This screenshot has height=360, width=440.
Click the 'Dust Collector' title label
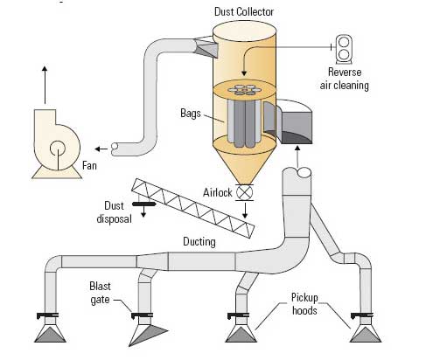point(244,11)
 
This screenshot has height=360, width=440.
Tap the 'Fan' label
point(89,165)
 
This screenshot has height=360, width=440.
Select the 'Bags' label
point(191,114)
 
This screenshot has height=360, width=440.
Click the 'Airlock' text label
point(218,192)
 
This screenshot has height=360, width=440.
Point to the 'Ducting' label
point(199,242)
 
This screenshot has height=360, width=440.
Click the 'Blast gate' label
point(100,293)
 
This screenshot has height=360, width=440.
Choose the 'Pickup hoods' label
point(304,304)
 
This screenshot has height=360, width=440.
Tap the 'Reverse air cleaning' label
point(345,79)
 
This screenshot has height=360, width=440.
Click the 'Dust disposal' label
point(114,212)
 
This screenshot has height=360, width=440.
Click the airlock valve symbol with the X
point(244,192)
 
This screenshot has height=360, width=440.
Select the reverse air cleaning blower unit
point(344,49)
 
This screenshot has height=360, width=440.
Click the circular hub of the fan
point(58,149)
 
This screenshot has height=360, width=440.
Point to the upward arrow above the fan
point(45,85)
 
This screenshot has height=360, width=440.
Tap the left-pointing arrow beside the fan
point(101,149)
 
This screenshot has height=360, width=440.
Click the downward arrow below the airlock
point(245,211)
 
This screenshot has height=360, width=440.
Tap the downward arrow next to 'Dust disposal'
point(143,211)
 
